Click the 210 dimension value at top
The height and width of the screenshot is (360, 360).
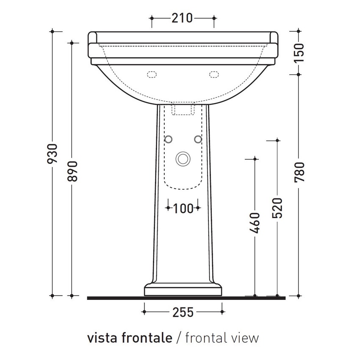tap(182, 18)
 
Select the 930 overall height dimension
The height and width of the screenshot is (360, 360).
tap(52, 157)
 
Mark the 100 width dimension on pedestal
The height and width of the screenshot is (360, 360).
tap(183, 208)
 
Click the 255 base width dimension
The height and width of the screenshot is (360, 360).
tap(183, 312)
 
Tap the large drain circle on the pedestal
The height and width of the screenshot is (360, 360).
tap(183, 159)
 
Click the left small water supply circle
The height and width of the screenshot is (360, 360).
tap(169, 139)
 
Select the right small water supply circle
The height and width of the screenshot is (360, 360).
tap(197, 139)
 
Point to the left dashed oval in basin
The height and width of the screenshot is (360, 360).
tap(151, 75)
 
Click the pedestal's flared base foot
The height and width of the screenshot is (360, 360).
tap(183, 290)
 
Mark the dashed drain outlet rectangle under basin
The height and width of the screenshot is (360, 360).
tap(183, 110)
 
